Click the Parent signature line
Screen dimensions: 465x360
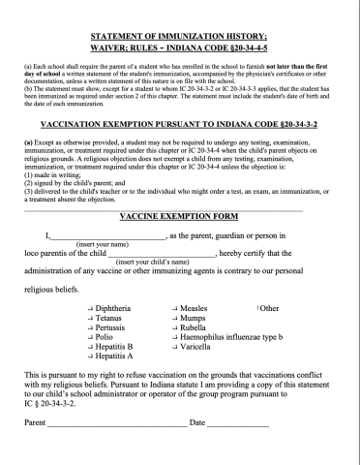point(116,451)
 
